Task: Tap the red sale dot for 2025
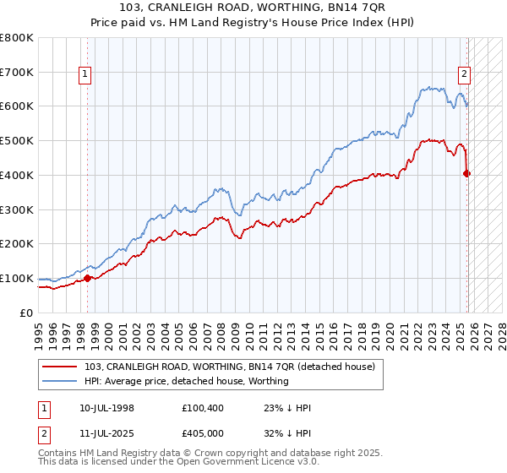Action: click(467, 173)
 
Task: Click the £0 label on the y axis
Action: click(27, 313)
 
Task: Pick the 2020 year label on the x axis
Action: click(387, 330)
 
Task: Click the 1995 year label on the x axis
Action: click(38, 330)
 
